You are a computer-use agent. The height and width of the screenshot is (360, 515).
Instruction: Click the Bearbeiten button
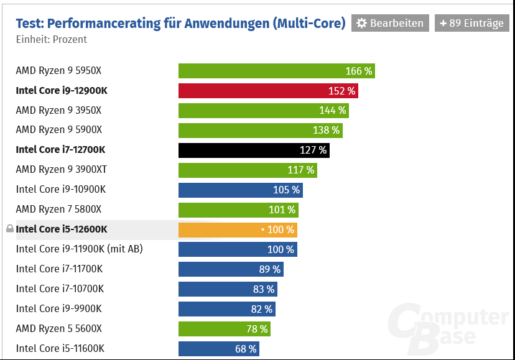(390, 23)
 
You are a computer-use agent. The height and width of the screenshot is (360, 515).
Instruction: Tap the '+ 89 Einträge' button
(471, 23)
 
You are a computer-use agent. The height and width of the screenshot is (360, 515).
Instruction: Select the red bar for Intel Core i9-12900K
(267, 91)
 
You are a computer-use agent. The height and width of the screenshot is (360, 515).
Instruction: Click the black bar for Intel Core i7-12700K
(253, 150)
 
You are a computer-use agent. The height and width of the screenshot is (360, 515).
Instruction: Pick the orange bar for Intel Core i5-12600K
(237, 229)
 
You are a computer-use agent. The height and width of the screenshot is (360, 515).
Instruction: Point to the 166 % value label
(358, 71)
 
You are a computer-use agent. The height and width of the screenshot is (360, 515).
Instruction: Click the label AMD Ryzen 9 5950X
(58, 71)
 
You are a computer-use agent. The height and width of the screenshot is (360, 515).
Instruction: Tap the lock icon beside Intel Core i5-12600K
(9, 229)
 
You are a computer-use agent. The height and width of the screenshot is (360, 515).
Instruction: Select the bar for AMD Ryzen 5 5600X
(224, 329)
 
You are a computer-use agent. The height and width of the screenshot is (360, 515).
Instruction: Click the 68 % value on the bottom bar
(246, 349)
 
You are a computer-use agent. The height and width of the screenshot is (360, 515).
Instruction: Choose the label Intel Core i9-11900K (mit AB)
(80, 249)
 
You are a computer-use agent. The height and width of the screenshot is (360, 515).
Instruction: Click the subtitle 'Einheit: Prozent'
(52, 39)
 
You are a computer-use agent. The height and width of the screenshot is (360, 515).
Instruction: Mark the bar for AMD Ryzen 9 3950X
(263, 111)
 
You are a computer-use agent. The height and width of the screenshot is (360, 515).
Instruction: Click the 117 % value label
(300, 170)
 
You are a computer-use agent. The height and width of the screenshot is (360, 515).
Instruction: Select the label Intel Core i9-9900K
(58, 309)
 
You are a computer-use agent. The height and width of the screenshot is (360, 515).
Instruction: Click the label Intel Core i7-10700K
(60, 289)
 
